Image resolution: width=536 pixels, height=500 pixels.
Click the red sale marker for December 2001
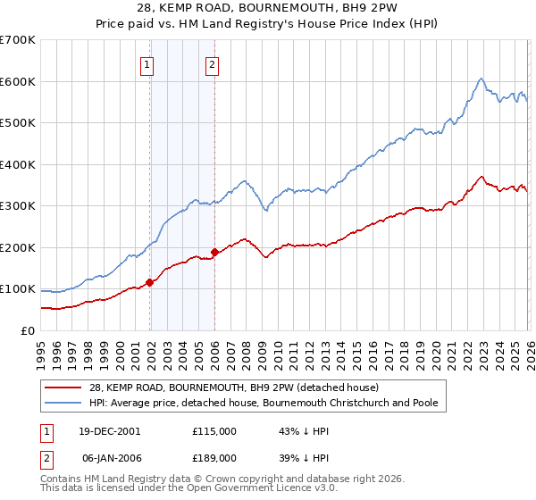click(x=150, y=282)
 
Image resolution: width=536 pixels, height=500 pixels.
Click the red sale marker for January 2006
click(x=214, y=252)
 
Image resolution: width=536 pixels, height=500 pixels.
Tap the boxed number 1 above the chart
click(x=147, y=63)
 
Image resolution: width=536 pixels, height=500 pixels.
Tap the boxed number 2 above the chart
click(x=212, y=63)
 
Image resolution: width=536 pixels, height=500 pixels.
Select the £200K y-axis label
click(x=18, y=247)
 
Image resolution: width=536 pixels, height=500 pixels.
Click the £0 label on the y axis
click(x=27, y=330)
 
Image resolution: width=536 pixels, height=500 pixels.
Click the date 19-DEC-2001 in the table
click(x=109, y=430)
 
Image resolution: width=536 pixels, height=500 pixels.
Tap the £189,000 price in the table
click(x=214, y=456)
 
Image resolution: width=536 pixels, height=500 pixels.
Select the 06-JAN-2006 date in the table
click(x=109, y=456)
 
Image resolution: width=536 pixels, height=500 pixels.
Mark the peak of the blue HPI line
click(x=481, y=78)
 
